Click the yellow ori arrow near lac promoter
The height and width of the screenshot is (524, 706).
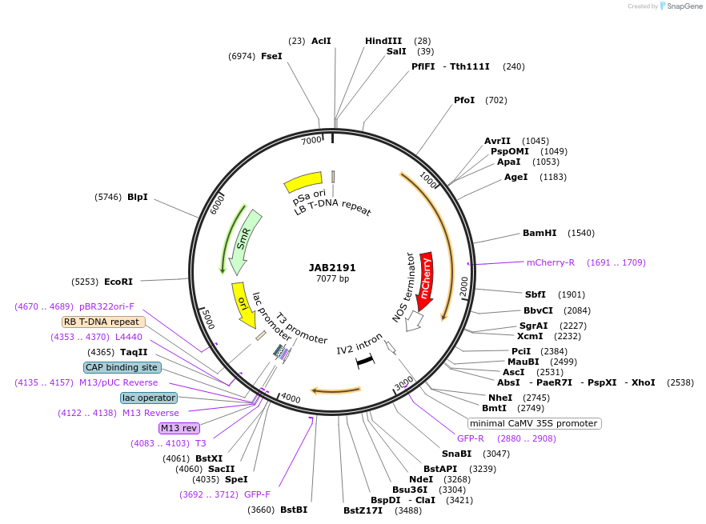click(x=243, y=305)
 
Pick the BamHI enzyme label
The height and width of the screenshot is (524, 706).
click(x=540, y=233)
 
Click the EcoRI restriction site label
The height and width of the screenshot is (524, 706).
click(x=118, y=282)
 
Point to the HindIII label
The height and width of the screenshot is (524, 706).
click(x=383, y=41)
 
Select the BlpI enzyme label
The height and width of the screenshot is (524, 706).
click(x=138, y=197)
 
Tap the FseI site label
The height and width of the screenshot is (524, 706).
click(x=271, y=56)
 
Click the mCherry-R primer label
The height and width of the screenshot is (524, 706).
click(x=551, y=262)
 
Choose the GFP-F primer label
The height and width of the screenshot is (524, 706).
click(x=257, y=494)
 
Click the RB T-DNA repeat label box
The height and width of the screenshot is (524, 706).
click(x=103, y=322)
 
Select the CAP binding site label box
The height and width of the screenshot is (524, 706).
click(x=122, y=367)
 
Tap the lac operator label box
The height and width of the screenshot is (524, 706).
click(x=149, y=398)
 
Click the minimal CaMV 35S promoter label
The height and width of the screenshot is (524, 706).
click(x=534, y=423)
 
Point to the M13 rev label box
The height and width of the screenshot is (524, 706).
click(x=179, y=428)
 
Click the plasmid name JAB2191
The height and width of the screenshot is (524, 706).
click(x=332, y=268)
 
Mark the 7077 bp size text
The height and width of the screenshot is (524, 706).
click(x=332, y=279)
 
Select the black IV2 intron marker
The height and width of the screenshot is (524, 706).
click(x=365, y=361)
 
